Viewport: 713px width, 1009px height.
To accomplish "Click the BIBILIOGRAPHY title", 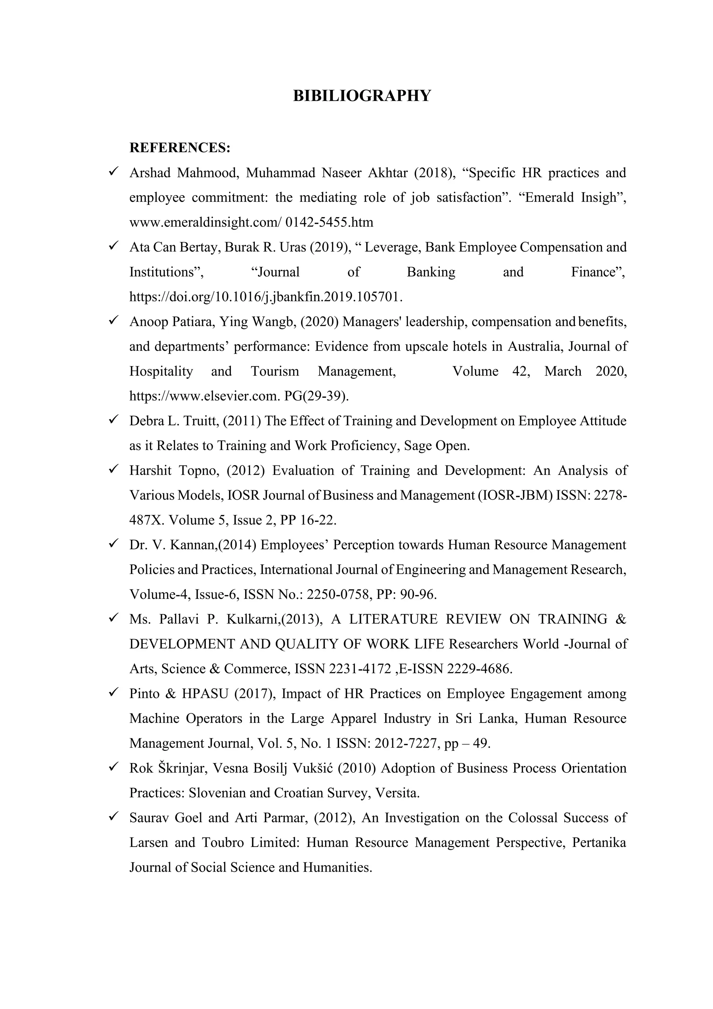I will tap(362, 95).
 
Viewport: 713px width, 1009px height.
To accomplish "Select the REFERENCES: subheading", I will tap(180, 148).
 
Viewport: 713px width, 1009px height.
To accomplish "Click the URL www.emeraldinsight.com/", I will tap(205, 222).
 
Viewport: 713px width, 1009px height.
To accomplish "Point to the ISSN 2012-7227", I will tap(406, 744).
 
